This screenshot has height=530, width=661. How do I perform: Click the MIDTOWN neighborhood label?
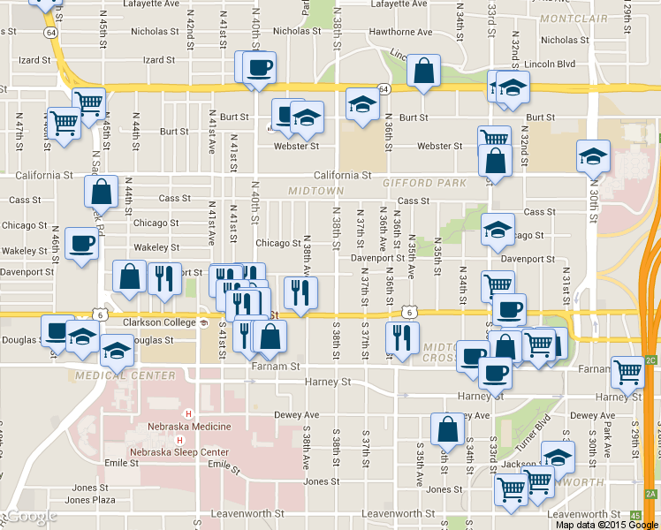point(315,191)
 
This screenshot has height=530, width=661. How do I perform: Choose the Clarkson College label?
point(160,322)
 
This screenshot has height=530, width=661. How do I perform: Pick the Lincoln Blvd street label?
point(551,64)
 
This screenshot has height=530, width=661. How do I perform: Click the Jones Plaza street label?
point(90,500)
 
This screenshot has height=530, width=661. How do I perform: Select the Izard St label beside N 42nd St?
point(159,60)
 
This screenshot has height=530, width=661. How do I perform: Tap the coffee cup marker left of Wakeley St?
point(82,244)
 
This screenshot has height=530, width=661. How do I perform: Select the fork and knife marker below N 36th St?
point(402,338)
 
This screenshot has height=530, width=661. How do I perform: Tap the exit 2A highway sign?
point(652,494)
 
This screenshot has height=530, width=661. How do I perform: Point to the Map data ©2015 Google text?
point(606,524)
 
